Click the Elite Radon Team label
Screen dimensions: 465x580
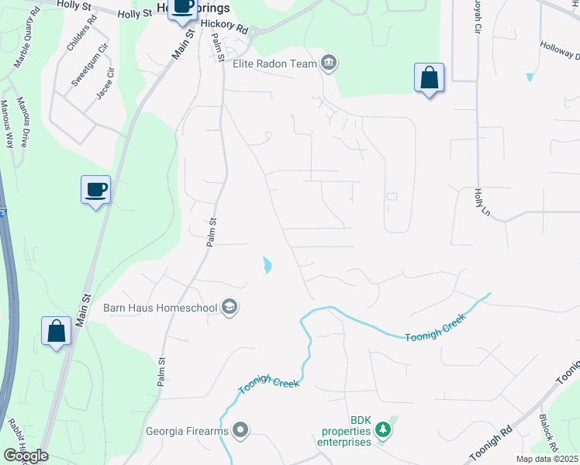(x=275, y=64)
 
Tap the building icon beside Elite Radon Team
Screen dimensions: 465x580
(x=329, y=64)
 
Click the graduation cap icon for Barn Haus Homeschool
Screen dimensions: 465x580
(x=230, y=308)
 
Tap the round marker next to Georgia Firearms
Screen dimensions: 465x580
(x=240, y=430)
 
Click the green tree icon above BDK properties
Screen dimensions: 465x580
(x=382, y=428)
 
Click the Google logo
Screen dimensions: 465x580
(x=25, y=456)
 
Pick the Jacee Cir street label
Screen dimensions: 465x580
(x=106, y=83)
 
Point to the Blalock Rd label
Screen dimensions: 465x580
(x=549, y=432)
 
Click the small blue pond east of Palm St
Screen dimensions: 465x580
(x=268, y=265)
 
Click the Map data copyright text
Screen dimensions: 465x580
(x=547, y=459)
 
